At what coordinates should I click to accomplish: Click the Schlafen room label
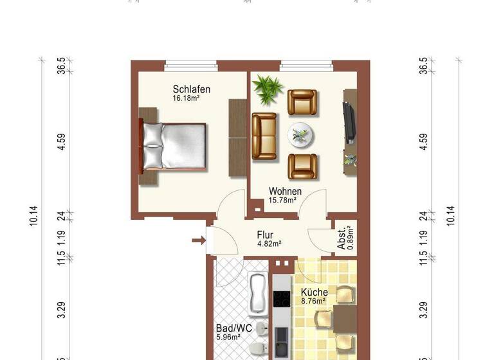(191, 89)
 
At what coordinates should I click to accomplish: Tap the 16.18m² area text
(187, 99)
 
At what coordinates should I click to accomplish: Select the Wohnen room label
(285, 191)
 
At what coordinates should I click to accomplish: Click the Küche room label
(314, 292)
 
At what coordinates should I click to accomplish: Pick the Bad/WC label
(228, 327)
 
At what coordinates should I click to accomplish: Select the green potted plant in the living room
(266, 88)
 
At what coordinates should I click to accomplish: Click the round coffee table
(300, 134)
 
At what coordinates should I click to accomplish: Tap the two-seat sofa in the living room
(264, 136)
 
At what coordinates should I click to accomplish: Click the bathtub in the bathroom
(257, 294)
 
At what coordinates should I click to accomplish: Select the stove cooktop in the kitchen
(282, 299)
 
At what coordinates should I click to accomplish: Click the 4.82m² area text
(269, 244)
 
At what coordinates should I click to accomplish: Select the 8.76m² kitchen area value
(313, 300)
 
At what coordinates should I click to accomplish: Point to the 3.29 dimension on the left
(61, 310)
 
